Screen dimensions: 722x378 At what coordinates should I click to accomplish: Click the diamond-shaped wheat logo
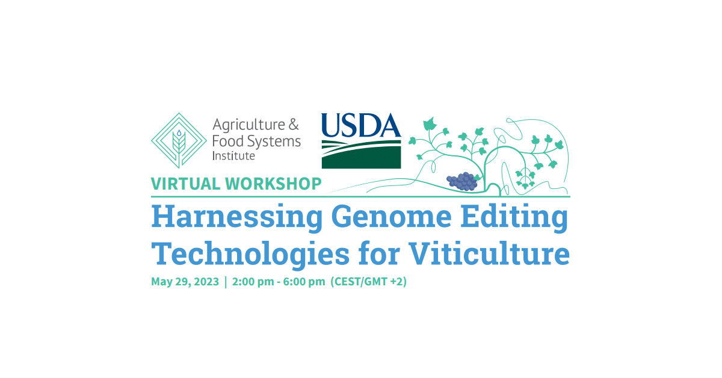pyautogui.click(x=179, y=141)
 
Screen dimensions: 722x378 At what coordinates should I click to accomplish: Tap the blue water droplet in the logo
pyautogui.click(x=179, y=133)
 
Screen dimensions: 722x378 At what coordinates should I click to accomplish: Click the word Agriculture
pyautogui.click(x=249, y=125)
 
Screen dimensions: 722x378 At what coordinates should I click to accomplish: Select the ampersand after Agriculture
pyautogui.click(x=294, y=125)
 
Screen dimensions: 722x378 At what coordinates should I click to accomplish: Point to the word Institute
pyautogui.click(x=233, y=156)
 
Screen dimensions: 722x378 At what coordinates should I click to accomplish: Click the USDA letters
pyautogui.click(x=362, y=125)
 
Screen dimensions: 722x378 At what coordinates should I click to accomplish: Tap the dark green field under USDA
pyautogui.click(x=362, y=157)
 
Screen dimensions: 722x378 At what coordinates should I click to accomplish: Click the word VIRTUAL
pyautogui.click(x=186, y=184)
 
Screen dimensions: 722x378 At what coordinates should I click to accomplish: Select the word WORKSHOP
pyautogui.click(x=273, y=184)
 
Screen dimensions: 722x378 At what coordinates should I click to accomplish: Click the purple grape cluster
pyautogui.click(x=462, y=182)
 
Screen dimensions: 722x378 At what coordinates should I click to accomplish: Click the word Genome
pyautogui.click(x=391, y=217)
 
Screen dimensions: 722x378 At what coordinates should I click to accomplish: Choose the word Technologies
pyautogui.click(x=250, y=254)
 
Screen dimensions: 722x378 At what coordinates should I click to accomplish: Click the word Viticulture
pyautogui.click(x=489, y=253)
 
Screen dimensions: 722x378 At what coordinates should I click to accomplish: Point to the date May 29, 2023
pyautogui.click(x=185, y=282)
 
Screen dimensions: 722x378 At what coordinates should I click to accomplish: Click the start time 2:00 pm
pyautogui.click(x=253, y=282)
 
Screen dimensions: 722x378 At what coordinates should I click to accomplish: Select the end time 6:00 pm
pyautogui.click(x=304, y=282)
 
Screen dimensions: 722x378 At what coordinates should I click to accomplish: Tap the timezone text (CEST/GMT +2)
pyautogui.click(x=368, y=282)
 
